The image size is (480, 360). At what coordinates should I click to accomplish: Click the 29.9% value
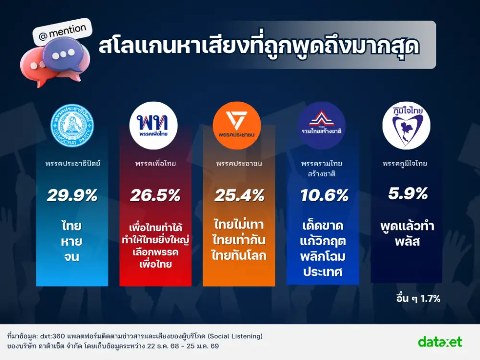coord(72,195)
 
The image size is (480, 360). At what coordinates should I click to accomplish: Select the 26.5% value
coord(155,195)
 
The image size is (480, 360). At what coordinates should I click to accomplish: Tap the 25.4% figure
coord(239,195)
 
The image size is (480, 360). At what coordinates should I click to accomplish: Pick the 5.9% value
coord(407,193)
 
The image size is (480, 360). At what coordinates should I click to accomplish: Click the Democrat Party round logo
coord(72,126)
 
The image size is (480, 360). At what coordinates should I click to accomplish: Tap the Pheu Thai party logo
coord(153,126)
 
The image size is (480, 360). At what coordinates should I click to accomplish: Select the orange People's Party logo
coord(237,126)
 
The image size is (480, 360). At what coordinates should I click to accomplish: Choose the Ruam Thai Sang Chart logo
coord(322,126)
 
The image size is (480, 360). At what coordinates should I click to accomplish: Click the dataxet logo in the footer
coord(440,342)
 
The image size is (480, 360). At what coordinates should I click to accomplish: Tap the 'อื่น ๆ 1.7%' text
coord(416,299)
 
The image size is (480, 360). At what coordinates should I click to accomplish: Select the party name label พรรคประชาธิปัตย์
coord(73,164)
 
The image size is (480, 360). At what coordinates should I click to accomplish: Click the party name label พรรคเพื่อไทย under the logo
coord(155,164)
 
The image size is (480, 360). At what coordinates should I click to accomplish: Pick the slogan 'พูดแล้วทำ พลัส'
coord(407,233)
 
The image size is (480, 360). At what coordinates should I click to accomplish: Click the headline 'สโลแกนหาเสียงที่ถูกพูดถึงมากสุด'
coord(259,47)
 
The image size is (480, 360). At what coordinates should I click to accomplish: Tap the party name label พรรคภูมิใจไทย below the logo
coord(405,164)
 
